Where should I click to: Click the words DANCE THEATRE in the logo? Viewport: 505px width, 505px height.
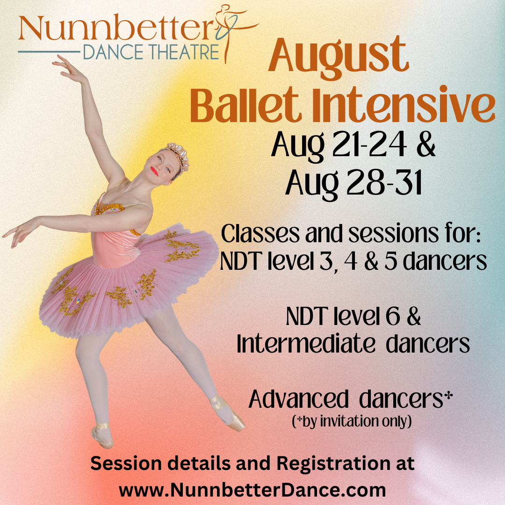coord(151,52)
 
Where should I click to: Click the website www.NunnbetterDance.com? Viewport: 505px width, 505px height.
coord(252,491)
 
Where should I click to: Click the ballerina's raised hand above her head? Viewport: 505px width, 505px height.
coord(65,65)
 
